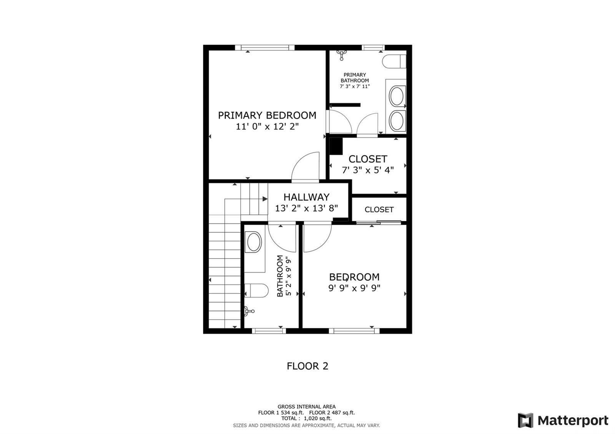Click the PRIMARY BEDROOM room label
point(267,115)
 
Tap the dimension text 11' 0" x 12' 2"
point(267,126)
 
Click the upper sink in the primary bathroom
point(397,96)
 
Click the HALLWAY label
point(306,197)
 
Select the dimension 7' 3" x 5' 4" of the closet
point(367,171)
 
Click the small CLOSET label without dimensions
point(379,210)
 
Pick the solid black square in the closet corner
point(336,146)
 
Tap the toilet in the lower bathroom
point(256,290)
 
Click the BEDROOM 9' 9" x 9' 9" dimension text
point(354,288)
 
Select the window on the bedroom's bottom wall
point(354,331)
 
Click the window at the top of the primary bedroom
point(265,48)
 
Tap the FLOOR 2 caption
point(307,366)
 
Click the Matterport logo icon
point(525,420)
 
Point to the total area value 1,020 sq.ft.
point(317,418)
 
